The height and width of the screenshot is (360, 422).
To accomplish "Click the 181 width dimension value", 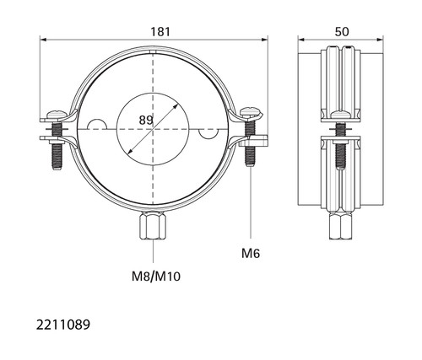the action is point(160,32).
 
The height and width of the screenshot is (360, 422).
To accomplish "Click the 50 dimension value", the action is point(342,32).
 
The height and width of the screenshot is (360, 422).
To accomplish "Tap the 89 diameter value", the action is point(146,121).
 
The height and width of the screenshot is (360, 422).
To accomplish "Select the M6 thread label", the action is point(251,254).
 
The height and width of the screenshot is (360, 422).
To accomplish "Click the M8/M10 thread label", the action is point(156,277).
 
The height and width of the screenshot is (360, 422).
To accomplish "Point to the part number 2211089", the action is point(63,325).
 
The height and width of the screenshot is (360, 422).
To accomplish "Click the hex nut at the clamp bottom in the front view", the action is point(153,225).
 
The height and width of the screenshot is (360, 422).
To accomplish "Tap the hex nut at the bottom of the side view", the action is point(341,226).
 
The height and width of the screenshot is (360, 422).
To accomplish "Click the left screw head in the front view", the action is point(57,115).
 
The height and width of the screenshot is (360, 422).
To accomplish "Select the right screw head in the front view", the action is point(251,112).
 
